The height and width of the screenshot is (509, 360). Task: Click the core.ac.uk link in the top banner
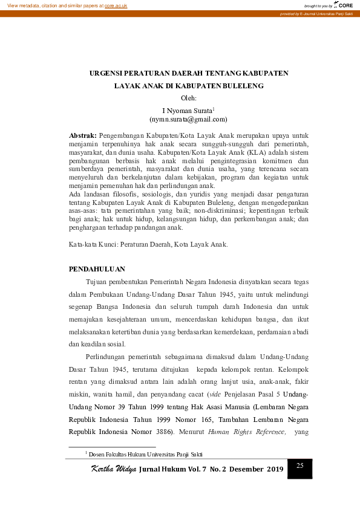[x=116, y=5]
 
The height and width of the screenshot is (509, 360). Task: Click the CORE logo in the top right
[x=344, y=5]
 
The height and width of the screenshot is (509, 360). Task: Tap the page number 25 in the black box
[x=299, y=465]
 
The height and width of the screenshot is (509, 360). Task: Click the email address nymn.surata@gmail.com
[x=189, y=120]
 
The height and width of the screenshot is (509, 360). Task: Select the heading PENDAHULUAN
[x=97, y=268]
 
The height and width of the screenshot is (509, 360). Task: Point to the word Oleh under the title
[x=189, y=97]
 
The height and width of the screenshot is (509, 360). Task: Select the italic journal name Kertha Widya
[x=113, y=469]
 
